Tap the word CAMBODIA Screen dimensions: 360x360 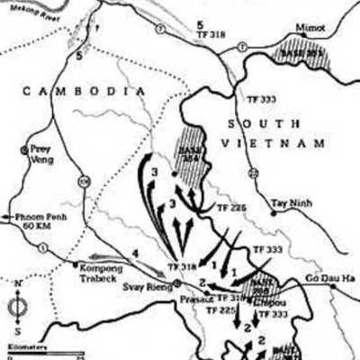[x=84, y=91]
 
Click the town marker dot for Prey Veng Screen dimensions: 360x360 [x=24, y=149]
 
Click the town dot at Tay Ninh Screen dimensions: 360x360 [x=273, y=213]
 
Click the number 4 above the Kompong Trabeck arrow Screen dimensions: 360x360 [x=134, y=255]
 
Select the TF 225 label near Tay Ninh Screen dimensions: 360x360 [x=230, y=206]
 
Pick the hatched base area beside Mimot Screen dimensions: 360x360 [x=303, y=49]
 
